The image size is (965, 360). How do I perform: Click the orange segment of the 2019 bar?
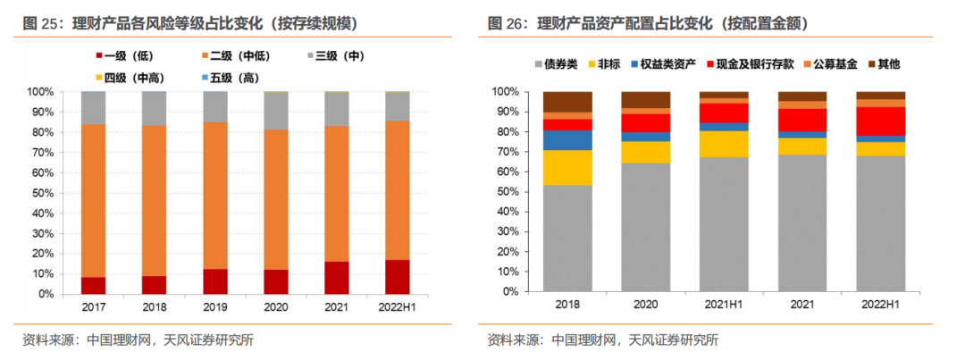pyautogui.click(x=215, y=195)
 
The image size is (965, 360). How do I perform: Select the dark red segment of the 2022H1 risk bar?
pyautogui.click(x=397, y=277)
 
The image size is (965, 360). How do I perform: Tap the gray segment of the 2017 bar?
pyautogui.click(x=93, y=107)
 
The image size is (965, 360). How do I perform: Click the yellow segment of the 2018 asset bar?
pyautogui.click(x=568, y=168)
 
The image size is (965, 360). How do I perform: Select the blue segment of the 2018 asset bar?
pyautogui.click(x=568, y=139)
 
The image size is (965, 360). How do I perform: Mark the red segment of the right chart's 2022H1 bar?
pyautogui.click(x=880, y=121)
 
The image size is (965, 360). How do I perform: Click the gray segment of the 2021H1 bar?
pyautogui.click(x=724, y=224)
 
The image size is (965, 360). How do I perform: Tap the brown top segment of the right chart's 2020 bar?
pyautogui.click(x=646, y=99)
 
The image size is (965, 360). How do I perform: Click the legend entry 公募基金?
pyautogui.click(x=830, y=64)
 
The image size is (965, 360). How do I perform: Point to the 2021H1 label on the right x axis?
pyautogui.click(x=724, y=304)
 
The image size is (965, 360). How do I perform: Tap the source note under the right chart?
pyautogui.click(x=602, y=340)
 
